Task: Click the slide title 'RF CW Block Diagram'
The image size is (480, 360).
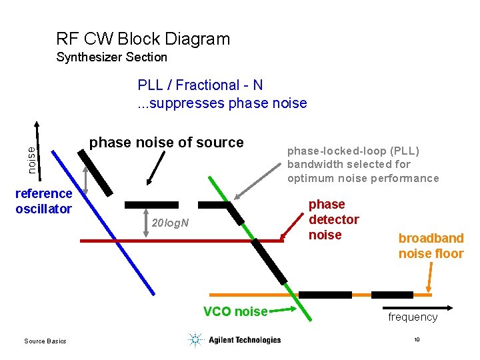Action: (143, 39)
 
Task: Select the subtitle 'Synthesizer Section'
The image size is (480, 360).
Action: (111, 57)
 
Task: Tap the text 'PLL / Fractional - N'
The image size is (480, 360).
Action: (200, 85)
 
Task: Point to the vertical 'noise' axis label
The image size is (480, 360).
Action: (31, 161)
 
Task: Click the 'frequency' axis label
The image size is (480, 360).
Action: (413, 317)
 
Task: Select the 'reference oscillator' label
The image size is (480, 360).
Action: (43, 201)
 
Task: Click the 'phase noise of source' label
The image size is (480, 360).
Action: (166, 142)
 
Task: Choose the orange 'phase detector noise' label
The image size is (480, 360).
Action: (333, 219)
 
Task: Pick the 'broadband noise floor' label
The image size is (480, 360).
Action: (431, 246)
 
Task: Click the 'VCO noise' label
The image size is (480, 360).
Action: (235, 311)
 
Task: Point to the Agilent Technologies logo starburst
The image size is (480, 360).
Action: (195, 340)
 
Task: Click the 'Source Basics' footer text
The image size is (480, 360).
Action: (45, 341)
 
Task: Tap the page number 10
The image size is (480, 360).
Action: (417, 340)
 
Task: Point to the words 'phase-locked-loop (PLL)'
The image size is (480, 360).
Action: (353, 150)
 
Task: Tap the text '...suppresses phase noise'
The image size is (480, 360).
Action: (222, 103)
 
